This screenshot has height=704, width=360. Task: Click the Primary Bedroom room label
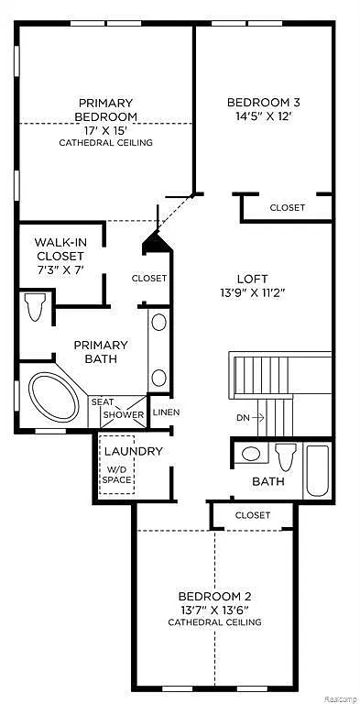106,109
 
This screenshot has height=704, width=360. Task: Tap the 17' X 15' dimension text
106,130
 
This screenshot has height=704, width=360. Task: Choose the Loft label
251,277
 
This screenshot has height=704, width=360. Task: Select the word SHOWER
123,415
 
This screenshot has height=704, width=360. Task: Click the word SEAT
103,401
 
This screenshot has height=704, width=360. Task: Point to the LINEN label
166,412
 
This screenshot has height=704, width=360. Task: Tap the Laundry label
133,451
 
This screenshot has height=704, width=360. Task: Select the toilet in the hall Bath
285,456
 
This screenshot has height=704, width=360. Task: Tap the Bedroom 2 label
213,596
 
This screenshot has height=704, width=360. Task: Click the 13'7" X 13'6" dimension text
213,610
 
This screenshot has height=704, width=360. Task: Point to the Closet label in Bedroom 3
287,208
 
